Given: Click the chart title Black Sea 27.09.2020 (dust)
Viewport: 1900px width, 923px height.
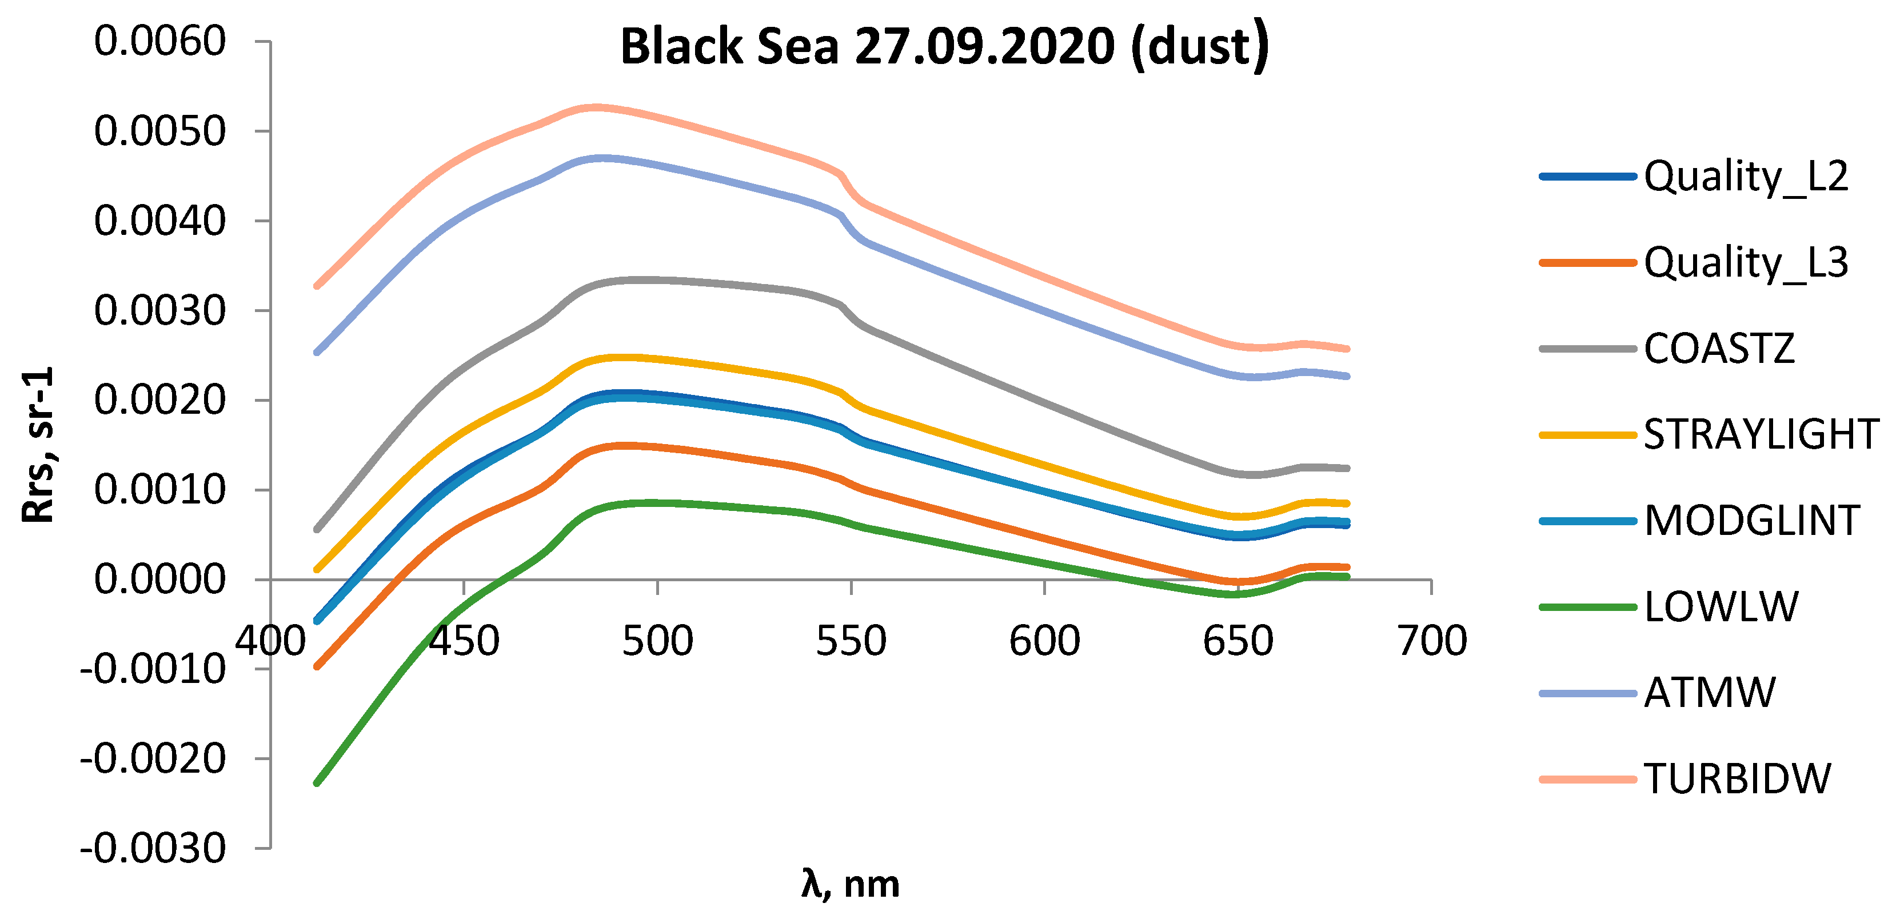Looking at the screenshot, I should (x=944, y=46).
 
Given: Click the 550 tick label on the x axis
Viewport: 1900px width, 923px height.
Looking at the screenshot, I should (x=851, y=641).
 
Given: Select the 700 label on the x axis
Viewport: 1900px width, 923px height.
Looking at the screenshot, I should (x=1432, y=641).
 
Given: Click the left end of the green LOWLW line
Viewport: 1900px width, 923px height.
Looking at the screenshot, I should (x=317, y=783).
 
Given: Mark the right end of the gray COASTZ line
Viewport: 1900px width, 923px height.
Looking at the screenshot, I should (x=1348, y=469).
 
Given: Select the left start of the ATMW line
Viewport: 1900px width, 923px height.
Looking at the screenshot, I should (x=317, y=353).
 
